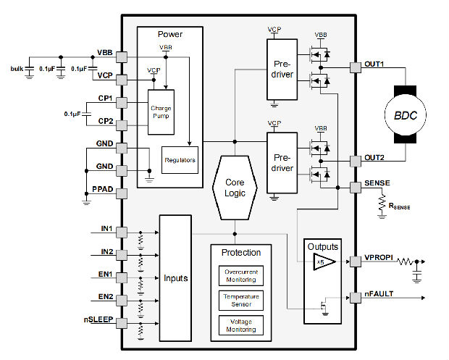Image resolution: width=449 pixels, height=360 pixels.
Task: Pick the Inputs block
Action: click(x=175, y=277)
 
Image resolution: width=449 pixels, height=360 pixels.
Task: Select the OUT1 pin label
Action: click(x=377, y=64)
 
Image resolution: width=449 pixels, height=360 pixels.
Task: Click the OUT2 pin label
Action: click(x=377, y=157)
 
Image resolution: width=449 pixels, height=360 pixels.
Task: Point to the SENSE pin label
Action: click(x=379, y=183)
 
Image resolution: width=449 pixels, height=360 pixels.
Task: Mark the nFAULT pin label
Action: click(x=379, y=294)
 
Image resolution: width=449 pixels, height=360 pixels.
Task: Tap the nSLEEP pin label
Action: click(x=98, y=318)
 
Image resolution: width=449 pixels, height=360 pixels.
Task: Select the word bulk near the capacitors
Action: click(x=17, y=68)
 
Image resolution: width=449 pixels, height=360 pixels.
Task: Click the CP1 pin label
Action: click(x=105, y=97)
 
